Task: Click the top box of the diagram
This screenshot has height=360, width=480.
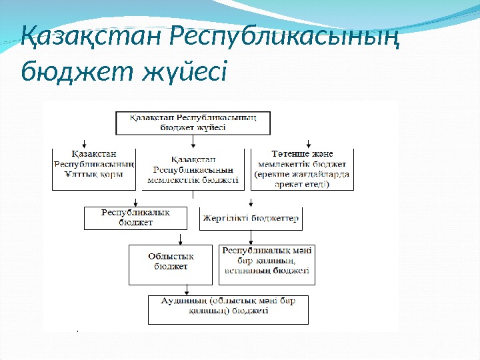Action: [x=193, y=121]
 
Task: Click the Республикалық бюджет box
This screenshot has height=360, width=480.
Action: [x=135, y=217]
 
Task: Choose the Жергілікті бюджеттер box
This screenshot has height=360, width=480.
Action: [x=250, y=218]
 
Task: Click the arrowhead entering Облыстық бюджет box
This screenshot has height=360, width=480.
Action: [x=181, y=243]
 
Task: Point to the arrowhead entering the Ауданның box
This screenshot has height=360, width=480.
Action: [x=187, y=291]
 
